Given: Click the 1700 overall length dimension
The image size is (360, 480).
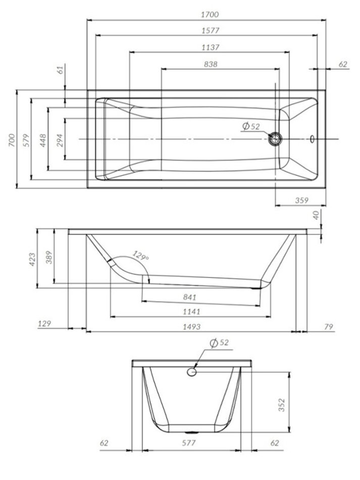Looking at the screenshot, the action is click(x=210, y=14).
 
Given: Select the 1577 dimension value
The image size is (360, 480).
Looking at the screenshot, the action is click(x=211, y=31).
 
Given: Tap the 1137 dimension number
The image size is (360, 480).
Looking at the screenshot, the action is click(x=211, y=47).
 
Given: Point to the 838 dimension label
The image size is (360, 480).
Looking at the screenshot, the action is click(x=211, y=64).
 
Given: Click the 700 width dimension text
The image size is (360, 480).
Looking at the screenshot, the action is click(x=12, y=140).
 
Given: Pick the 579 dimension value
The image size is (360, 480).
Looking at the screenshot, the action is click(x=27, y=140).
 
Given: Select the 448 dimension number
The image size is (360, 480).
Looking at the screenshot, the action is click(x=43, y=140).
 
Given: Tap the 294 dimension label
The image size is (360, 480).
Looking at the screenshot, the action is click(x=60, y=140).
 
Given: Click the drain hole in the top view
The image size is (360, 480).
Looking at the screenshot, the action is click(x=275, y=139).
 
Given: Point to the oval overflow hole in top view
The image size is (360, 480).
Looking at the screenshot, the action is click(x=312, y=139).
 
